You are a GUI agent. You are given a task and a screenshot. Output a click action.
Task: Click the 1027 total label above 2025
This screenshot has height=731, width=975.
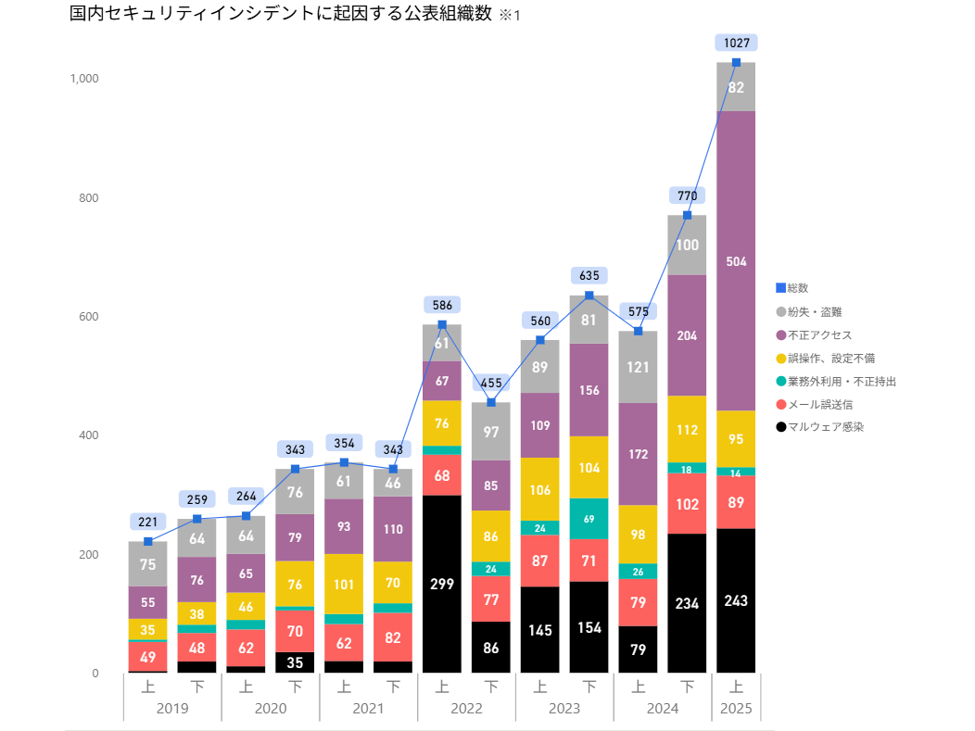[737, 42]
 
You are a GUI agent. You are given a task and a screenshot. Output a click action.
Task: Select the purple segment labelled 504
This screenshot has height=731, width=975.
[737, 261]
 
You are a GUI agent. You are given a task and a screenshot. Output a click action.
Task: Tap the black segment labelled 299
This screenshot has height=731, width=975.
[442, 584]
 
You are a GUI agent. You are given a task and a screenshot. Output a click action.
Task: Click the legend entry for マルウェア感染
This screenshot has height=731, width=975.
[819, 427]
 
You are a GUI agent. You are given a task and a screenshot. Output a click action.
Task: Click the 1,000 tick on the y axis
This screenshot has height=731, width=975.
[84, 79]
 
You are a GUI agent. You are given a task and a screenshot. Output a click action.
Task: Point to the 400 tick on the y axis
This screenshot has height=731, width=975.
[89, 435]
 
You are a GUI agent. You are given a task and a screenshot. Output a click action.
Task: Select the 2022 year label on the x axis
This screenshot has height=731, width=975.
[466, 709]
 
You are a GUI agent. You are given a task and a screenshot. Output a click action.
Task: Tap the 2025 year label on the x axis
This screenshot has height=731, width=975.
[737, 709]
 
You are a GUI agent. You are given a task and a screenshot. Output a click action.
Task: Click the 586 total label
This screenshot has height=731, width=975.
[442, 304]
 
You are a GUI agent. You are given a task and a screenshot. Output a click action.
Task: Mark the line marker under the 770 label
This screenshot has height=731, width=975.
[688, 215]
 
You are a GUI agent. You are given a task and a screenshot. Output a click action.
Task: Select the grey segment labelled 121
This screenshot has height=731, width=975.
[639, 367]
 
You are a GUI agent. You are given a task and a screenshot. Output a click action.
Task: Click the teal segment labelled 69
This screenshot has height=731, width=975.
[589, 518]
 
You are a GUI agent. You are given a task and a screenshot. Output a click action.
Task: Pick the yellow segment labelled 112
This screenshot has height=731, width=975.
[688, 429]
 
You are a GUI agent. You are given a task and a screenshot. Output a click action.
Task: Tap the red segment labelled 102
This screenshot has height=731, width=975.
[688, 504]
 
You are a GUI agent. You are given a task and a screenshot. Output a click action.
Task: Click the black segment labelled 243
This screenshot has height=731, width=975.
[737, 600]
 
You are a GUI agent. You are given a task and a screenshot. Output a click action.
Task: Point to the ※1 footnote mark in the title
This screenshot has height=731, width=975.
[510, 16]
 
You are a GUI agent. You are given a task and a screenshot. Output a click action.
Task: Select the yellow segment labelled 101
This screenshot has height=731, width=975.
[344, 584]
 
